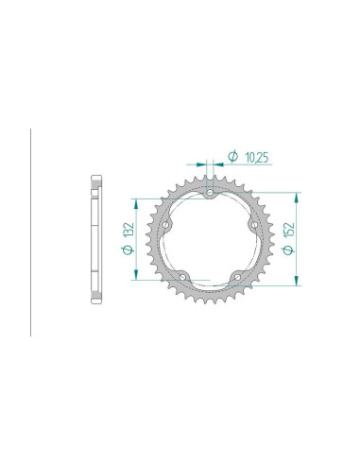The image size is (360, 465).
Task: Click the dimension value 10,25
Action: coord(257,158)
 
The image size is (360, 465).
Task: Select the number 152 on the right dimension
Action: coord(288,230)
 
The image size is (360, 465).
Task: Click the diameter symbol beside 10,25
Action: coord(232,157)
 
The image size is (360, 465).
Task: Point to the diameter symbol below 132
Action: coord(129,250)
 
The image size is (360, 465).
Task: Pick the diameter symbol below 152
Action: coord(288,250)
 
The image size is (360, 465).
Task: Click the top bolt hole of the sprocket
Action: coord(210,192)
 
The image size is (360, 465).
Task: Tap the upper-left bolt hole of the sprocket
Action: coord(165,225)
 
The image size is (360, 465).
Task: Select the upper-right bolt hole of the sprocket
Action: coord(254,225)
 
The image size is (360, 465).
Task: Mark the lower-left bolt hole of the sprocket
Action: coord(182,277)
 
